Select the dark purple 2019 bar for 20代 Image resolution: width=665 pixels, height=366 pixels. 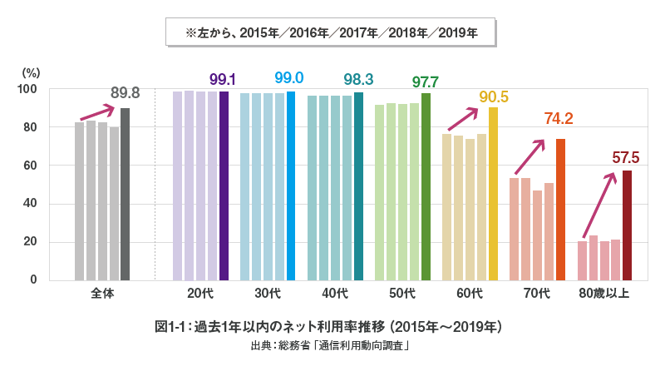(x=224, y=185)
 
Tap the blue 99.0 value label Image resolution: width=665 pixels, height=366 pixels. (x=288, y=77)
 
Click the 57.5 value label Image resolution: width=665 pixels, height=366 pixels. (x=625, y=157)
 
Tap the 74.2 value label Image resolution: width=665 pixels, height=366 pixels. (x=559, y=118)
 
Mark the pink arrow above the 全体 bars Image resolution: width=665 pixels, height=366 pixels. (x=96, y=113)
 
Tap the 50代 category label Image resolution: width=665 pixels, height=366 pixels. (x=403, y=293)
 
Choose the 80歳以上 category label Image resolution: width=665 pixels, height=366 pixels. (x=604, y=293)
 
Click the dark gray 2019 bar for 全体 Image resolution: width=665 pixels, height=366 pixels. (x=125, y=194)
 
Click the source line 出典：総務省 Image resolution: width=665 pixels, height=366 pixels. (x=332, y=344)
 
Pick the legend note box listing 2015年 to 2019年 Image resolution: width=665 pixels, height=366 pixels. (x=332, y=32)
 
